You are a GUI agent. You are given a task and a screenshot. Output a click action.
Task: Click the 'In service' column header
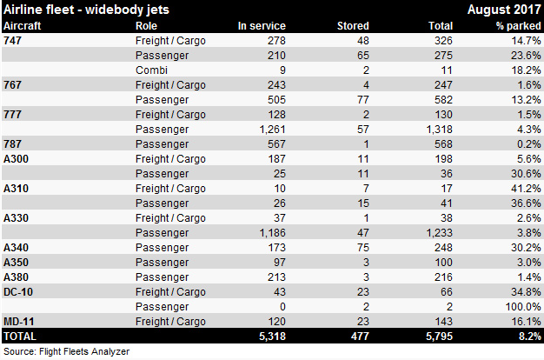[262, 26]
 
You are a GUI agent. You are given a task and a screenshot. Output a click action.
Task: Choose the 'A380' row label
[17, 277]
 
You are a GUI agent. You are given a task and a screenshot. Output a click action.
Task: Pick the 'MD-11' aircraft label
[19, 321]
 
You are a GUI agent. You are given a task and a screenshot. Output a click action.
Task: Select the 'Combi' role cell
[150, 70]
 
